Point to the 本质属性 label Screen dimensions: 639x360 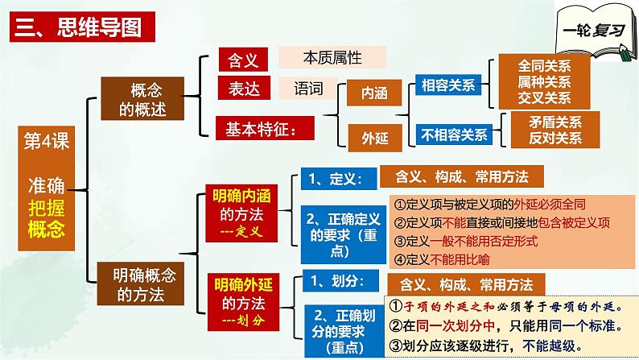pyautogui.click(x=332, y=57)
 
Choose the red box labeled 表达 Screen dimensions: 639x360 pyautogui.click(x=240, y=87)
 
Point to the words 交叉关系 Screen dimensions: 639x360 pyautogui.click(x=544, y=97)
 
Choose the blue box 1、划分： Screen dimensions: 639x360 pyautogui.click(x=332, y=280)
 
